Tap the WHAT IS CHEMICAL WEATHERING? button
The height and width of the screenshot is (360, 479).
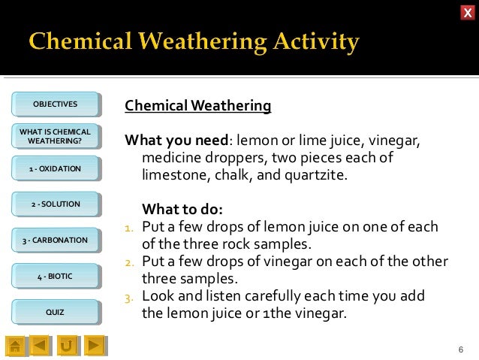point(55,136)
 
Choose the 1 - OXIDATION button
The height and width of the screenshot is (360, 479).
point(55,169)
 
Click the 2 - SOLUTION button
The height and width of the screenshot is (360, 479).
point(55,204)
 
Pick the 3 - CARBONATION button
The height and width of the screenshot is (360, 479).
point(55,241)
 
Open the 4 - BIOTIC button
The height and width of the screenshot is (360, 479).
point(55,277)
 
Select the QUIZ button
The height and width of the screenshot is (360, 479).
point(55,312)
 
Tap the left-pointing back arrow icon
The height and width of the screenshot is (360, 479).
point(41,346)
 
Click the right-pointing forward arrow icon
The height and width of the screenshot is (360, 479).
point(93,346)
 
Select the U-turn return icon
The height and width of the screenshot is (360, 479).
point(67,346)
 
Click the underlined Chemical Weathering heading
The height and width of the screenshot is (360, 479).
point(197,106)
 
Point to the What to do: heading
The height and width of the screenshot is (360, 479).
point(182,209)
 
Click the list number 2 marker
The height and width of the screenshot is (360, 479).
point(129,262)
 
